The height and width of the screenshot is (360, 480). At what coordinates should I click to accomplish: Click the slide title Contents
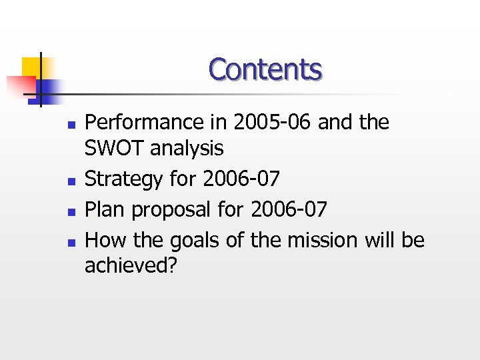[x=265, y=69]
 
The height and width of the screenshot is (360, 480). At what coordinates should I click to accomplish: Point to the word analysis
[x=187, y=148]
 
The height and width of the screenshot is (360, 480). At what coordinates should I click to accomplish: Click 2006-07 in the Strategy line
[x=241, y=179]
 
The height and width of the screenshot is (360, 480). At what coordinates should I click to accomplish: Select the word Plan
[x=105, y=210]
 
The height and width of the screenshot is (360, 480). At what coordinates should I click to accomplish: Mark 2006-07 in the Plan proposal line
[x=289, y=210]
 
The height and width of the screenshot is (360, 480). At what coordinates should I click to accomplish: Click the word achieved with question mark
[x=131, y=265]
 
